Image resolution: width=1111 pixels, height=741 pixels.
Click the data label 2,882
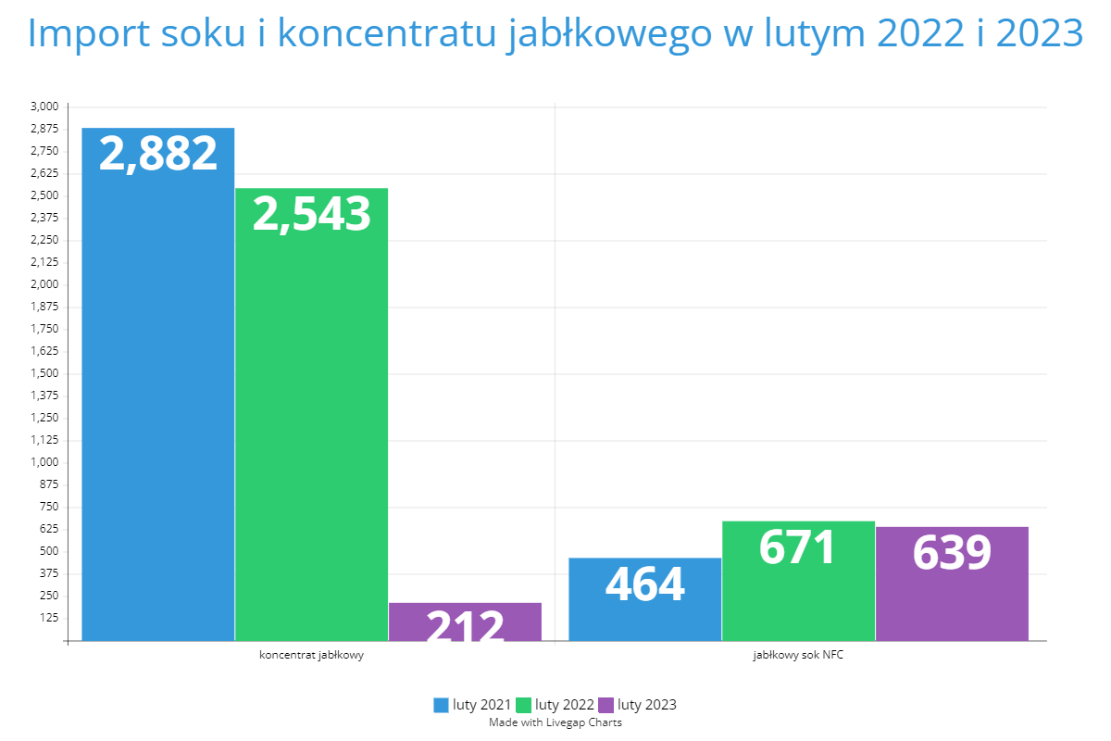(x=158, y=154)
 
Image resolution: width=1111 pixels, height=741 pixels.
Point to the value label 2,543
(x=311, y=214)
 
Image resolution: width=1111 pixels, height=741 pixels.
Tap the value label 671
(x=798, y=546)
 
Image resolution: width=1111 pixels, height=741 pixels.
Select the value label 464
(x=645, y=584)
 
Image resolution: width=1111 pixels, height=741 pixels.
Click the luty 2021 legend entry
(x=472, y=705)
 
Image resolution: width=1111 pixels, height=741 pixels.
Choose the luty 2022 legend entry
(x=555, y=705)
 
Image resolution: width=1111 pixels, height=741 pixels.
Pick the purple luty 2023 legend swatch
(x=607, y=705)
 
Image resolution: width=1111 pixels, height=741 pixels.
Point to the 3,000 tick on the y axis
(x=44, y=107)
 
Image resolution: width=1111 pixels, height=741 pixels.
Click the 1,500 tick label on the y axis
(x=44, y=373)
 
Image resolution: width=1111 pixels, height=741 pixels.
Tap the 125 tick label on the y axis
(x=49, y=618)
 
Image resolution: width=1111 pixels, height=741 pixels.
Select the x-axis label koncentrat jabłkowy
(x=311, y=656)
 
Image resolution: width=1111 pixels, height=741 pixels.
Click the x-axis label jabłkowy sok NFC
(x=798, y=656)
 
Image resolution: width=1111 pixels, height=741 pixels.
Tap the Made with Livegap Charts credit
(x=555, y=722)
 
